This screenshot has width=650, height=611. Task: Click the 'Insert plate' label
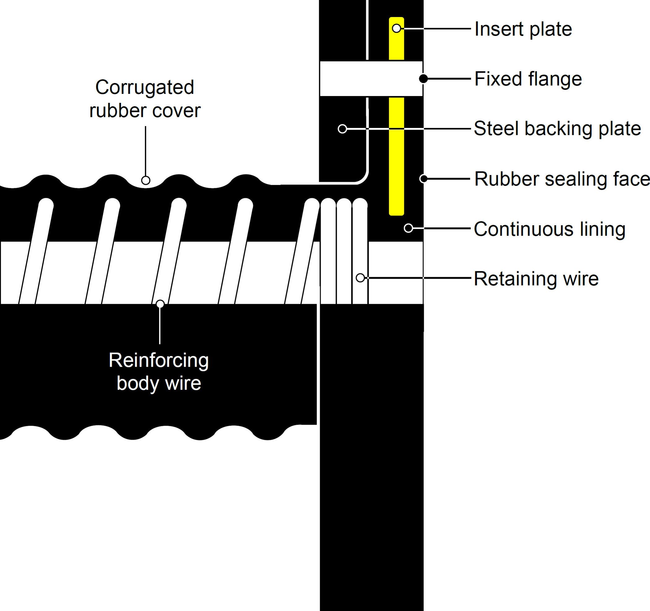(523, 29)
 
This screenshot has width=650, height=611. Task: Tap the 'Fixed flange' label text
(528, 79)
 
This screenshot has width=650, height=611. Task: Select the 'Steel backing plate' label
(557, 129)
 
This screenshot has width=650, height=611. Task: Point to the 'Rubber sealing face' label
(562, 179)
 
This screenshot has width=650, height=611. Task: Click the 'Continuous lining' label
(549, 229)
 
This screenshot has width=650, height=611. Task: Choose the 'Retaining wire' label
(536, 279)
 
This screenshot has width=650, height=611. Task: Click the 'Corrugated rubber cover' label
(145, 99)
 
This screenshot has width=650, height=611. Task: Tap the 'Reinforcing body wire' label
(159, 372)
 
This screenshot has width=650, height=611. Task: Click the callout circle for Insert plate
(396, 28)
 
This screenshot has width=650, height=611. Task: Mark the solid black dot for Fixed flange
(423, 78)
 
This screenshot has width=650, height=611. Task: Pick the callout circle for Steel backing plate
(342, 129)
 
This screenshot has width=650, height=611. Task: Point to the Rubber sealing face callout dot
(424, 179)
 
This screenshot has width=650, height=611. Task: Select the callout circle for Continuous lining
(408, 228)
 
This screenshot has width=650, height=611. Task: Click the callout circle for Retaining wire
(360, 278)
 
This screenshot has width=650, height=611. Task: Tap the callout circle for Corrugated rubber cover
(146, 180)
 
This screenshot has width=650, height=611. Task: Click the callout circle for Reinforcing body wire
(160, 304)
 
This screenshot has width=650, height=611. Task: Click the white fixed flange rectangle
(371, 79)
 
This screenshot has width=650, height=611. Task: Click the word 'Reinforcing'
(159, 360)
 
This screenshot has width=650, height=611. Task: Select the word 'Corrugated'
(145, 87)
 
